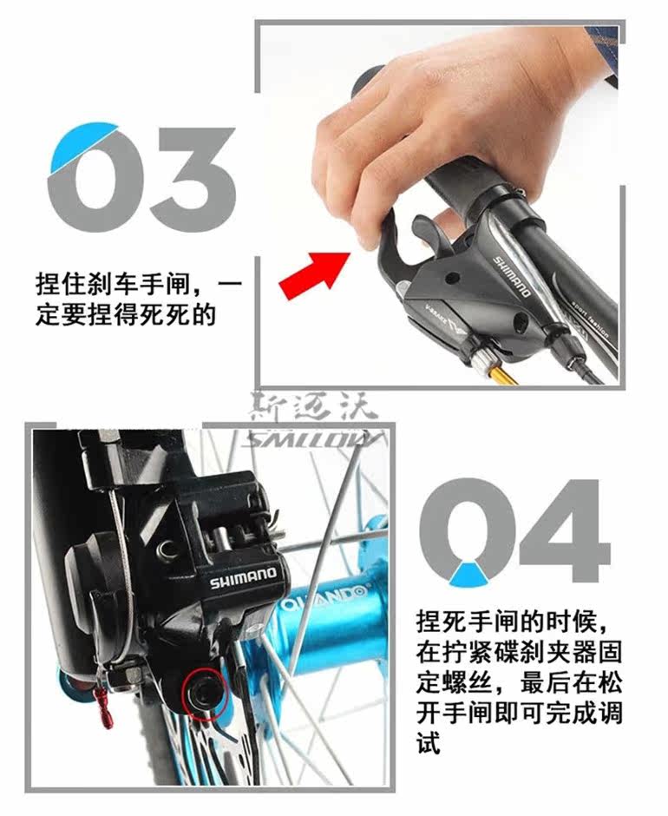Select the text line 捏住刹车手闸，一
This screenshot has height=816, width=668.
pos(139,284)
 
